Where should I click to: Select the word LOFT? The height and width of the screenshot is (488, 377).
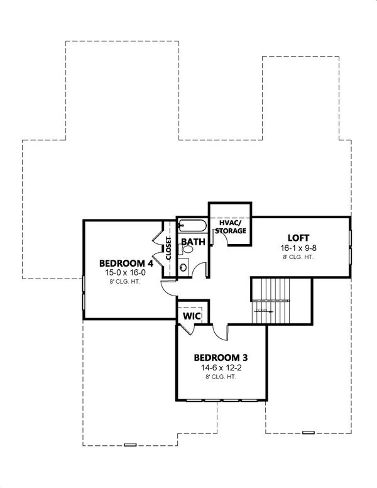298,237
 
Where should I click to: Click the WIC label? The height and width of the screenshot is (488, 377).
192,316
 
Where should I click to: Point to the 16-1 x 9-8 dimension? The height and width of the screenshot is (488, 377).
298,248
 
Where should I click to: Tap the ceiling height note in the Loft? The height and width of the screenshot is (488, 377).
298,257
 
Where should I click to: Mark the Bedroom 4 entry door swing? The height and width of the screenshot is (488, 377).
169,286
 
